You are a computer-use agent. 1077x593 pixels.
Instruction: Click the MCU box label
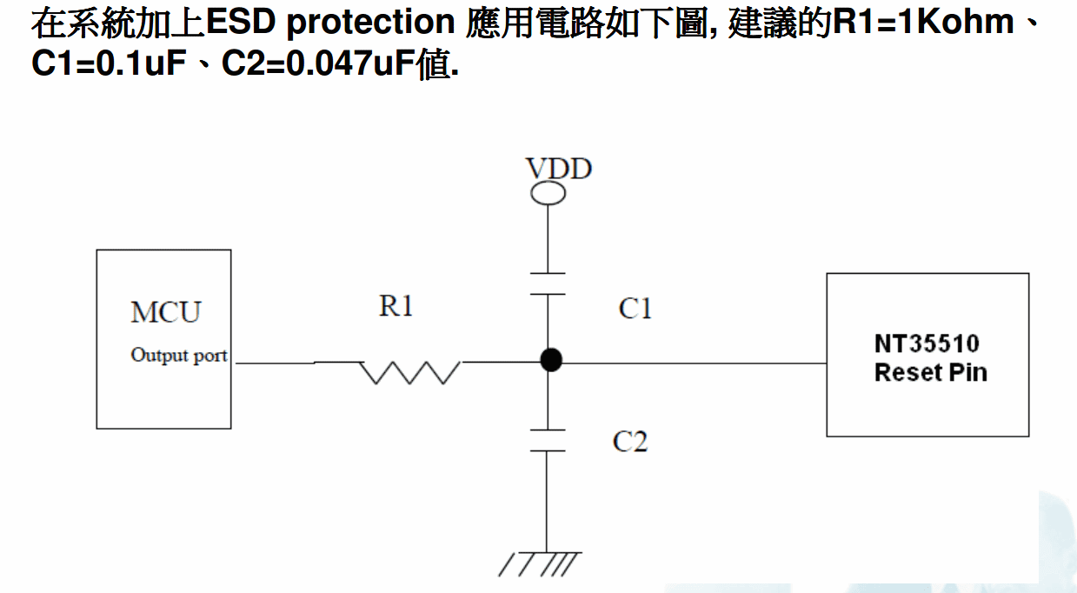click(165, 311)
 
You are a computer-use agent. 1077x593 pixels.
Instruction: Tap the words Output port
click(179, 355)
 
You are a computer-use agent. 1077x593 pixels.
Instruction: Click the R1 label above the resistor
click(396, 306)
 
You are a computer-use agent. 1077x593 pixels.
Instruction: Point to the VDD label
click(559, 168)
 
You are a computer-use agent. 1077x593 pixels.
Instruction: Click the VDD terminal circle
click(548, 193)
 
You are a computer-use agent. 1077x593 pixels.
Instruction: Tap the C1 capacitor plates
click(548, 284)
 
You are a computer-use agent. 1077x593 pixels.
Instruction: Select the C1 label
click(635, 308)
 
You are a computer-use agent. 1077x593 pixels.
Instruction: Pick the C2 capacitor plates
click(548, 440)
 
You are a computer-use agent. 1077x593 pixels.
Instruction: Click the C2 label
click(630, 442)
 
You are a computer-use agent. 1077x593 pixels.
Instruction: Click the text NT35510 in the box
click(927, 343)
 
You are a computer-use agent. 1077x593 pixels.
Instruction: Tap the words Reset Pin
click(930, 373)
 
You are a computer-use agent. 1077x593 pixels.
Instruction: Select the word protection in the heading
click(370, 22)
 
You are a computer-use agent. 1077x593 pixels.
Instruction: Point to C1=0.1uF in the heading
click(110, 63)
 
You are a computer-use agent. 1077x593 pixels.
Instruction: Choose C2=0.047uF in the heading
click(318, 63)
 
